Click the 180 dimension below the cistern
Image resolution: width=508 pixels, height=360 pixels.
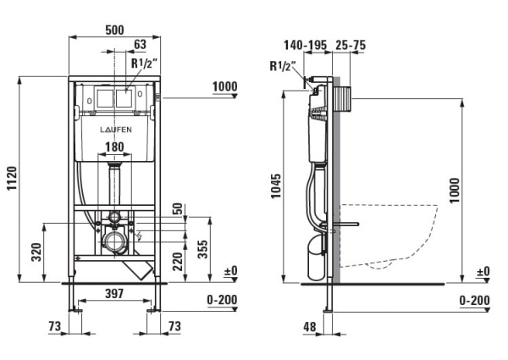pyautogui.click(x=114, y=147)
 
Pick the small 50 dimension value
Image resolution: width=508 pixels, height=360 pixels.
pyautogui.click(x=178, y=208)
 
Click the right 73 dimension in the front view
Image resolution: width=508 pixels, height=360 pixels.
pyautogui.click(x=174, y=326)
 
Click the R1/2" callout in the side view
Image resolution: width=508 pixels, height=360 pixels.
pyautogui.click(x=280, y=65)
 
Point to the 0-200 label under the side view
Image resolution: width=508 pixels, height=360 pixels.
pyautogui.click(x=474, y=301)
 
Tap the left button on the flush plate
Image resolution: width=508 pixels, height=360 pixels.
pyautogui.click(x=106, y=97)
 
